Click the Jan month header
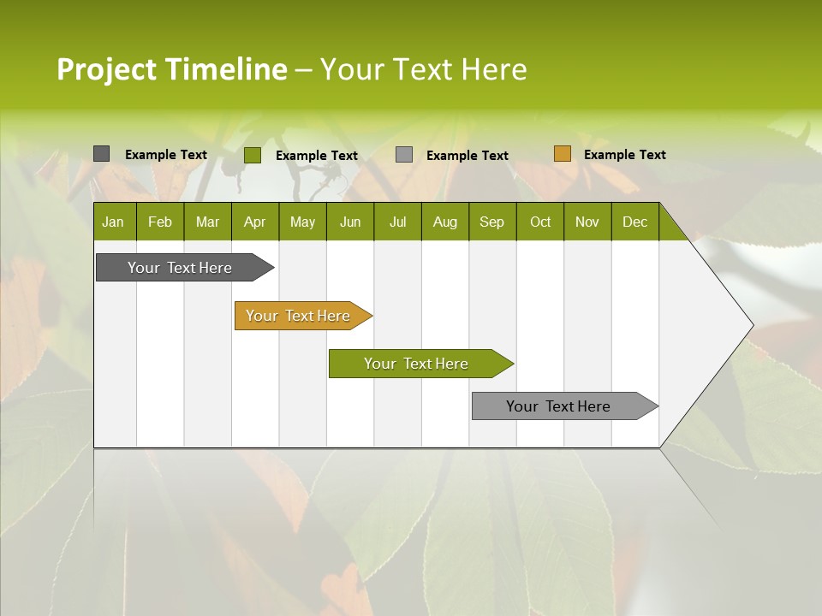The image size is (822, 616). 113,222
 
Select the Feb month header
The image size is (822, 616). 160,222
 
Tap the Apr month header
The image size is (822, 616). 254,222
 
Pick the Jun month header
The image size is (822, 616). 350,222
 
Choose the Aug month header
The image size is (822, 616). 444,222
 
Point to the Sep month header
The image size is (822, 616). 491,222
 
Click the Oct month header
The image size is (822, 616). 540,222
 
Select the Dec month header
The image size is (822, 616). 634,222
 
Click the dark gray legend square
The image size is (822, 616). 101,154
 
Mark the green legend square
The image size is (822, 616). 252,155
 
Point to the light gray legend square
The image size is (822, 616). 404,154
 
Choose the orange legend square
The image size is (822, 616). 562,154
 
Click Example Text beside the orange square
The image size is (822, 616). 624,155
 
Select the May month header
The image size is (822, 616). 302,222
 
